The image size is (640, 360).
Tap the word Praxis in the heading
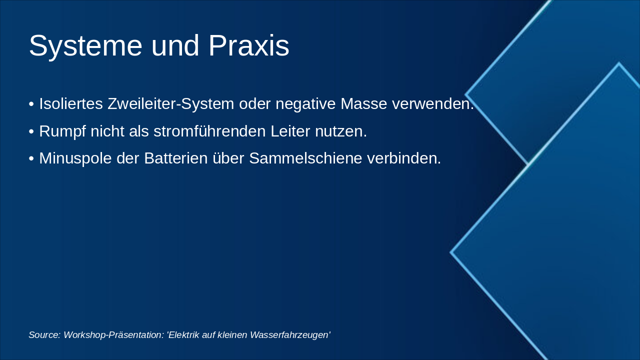click(x=249, y=45)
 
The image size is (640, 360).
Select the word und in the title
click(x=175, y=45)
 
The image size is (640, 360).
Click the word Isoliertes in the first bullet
click(x=71, y=103)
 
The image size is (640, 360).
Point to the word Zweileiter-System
click(x=170, y=104)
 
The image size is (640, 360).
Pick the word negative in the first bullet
click(x=305, y=104)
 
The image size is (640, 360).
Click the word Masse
click(x=363, y=103)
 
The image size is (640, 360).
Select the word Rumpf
click(x=62, y=131)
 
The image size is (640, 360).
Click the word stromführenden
click(x=209, y=131)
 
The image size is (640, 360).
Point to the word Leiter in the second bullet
click(x=290, y=131)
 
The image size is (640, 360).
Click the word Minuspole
click(x=75, y=158)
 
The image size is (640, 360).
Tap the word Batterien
click(x=175, y=158)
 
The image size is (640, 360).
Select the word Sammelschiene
click(x=305, y=158)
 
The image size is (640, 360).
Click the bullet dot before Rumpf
click(x=31, y=131)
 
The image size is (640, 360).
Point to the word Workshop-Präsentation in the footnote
click(x=113, y=335)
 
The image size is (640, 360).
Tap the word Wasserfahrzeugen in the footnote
click(x=290, y=335)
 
